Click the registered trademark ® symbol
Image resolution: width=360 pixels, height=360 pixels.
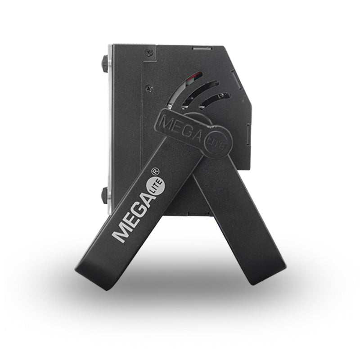click(155, 171)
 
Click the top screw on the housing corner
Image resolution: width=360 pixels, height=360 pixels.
click(149, 53)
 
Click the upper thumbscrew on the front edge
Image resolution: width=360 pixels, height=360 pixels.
click(105, 64)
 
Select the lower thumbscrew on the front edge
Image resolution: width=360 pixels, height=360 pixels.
click(104, 196)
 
